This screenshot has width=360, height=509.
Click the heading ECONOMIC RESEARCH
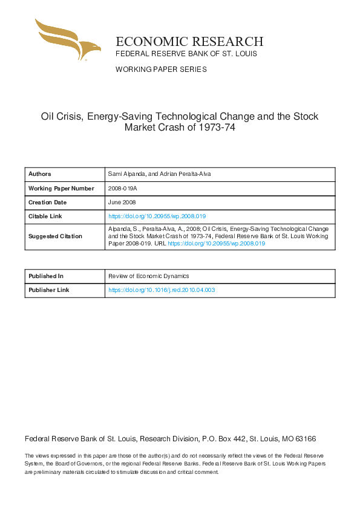tap(189, 41)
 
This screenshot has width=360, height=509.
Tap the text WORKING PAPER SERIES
tap(161, 70)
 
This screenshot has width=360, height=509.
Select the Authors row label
tap(40, 174)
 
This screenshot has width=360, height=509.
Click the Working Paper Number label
tap(61, 188)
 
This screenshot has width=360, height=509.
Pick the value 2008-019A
tap(123, 188)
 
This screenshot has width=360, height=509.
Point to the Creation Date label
tap(47, 202)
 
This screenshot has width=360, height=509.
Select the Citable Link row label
tap(45, 216)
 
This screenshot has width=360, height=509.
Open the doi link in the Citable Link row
tap(157, 216)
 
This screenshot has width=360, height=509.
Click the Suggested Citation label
tap(55, 236)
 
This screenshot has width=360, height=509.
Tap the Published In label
tap(46, 276)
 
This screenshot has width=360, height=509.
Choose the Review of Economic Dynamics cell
tap(149, 276)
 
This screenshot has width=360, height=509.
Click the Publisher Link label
tap(49, 290)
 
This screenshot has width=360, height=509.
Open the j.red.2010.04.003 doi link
tap(162, 290)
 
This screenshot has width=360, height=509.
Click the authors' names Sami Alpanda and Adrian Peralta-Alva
tap(159, 174)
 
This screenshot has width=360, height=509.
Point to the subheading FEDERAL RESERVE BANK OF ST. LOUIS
tap(186, 54)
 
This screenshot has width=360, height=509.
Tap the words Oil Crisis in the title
tap(61, 116)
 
